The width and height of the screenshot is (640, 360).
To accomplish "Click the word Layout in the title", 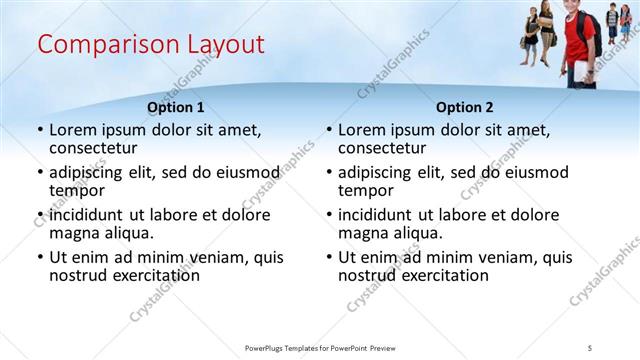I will click(226, 45).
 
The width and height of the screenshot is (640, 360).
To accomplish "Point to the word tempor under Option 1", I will click(77, 190).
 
